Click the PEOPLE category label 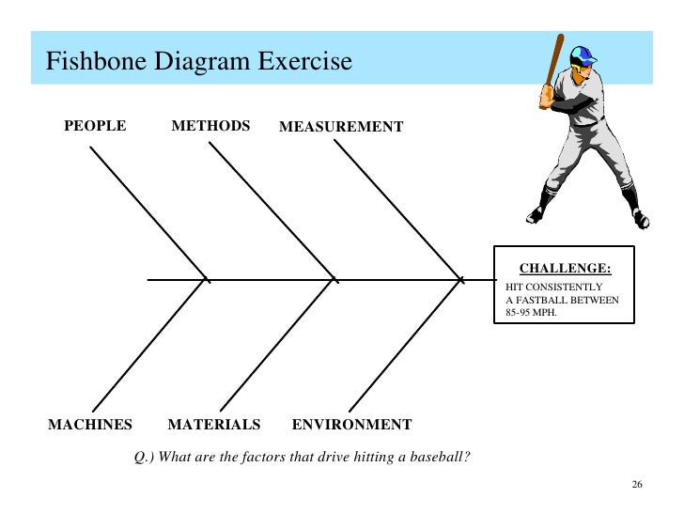[x=94, y=125]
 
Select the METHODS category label [x=210, y=125]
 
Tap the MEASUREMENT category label [x=341, y=127]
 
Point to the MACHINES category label [x=90, y=425]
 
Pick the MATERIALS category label [x=213, y=425]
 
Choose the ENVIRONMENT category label [x=351, y=425]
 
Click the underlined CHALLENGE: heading [x=565, y=269]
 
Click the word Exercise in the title [x=305, y=62]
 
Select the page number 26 [x=637, y=485]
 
